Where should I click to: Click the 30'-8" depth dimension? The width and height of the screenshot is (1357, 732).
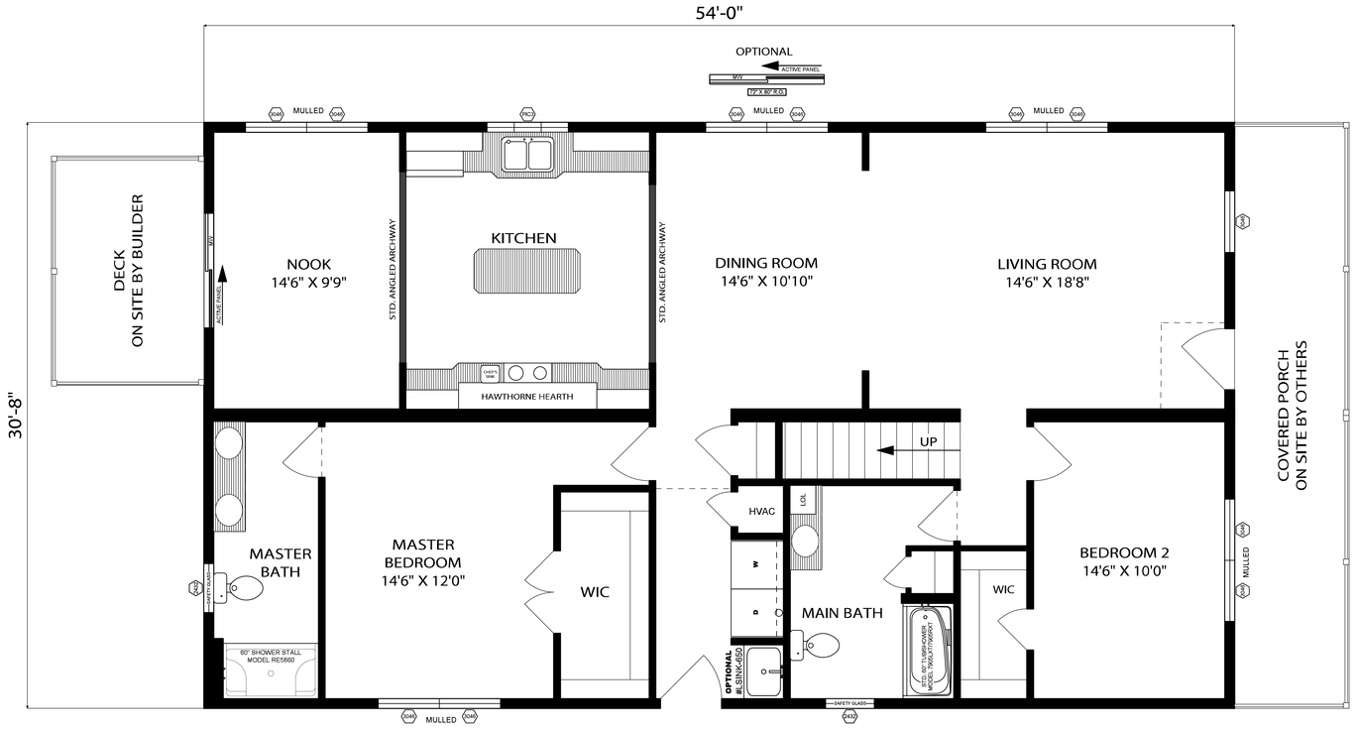tap(14, 426)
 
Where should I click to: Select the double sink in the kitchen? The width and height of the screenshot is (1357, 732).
tap(526, 155)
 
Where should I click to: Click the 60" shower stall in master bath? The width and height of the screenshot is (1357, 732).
tap(270, 671)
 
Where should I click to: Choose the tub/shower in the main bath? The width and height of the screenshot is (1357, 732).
tap(929, 651)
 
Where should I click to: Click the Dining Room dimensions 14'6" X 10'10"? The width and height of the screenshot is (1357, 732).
tap(766, 281)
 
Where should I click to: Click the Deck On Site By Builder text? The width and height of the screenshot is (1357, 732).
tap(128, 271)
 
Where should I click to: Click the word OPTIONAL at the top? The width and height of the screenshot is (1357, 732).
tap(763, 52)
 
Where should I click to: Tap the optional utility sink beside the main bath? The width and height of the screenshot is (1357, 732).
tap(764, 673)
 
